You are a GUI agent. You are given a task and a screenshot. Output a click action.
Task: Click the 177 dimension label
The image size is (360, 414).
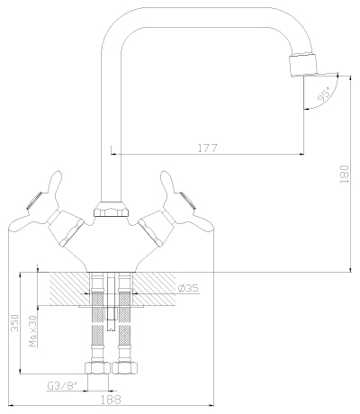(x=207, y=148)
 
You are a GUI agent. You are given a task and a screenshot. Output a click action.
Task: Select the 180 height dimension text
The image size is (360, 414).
(x=345, y=174)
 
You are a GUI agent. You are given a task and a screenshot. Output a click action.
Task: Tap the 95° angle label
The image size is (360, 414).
(x=324, y=94)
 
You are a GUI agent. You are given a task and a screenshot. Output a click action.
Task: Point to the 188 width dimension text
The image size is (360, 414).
(x=111, y=400)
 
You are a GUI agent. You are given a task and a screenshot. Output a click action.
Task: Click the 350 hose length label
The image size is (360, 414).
(x=15, y=323)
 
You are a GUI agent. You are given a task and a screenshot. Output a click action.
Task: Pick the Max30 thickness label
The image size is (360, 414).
(x=33, y=331)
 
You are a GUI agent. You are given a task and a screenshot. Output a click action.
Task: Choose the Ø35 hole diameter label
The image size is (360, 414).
(x=188, y=288)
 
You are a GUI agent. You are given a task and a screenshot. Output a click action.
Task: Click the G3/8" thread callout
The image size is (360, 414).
(x=62, y=385)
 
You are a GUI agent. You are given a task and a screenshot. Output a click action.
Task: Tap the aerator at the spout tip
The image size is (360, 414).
(x=302, y=64)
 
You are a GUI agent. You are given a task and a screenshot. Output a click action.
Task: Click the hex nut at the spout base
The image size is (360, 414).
(x=112, y=209)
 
